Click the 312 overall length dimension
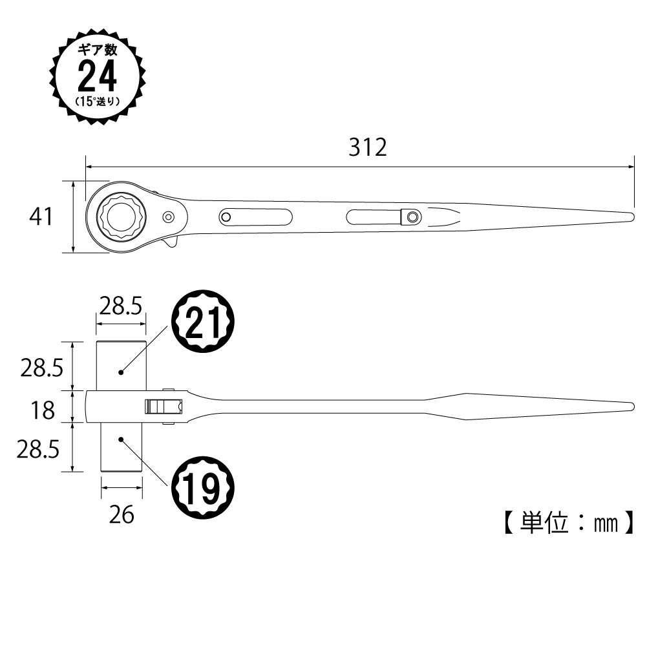pos(368,147)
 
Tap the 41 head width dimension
pos(41,217)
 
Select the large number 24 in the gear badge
pos(98,76)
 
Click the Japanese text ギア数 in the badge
pos(98,50)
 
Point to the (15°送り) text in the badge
pos(98,101)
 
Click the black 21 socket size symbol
pos(203,321)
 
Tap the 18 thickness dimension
pos(43,410)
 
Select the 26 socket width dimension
pos(122,515)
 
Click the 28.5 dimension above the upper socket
pos(121,306)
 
